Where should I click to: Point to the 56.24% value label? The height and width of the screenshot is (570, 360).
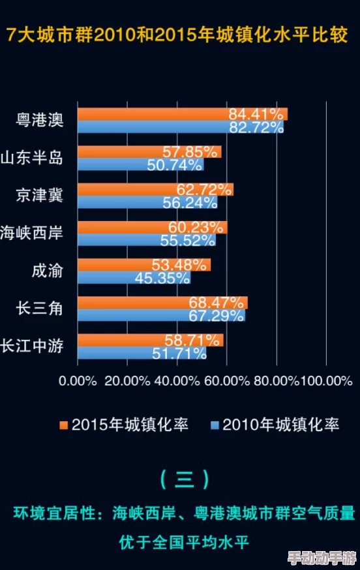click(190, 203)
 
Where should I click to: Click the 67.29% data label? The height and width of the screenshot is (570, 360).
click(217, 316)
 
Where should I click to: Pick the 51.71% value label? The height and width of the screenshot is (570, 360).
click(178, 353)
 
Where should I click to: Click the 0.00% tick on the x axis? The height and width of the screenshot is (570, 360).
click(78, 380)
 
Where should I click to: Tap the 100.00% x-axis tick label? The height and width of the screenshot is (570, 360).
click(326, 380)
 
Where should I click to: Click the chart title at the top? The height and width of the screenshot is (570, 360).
click(180, 35)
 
